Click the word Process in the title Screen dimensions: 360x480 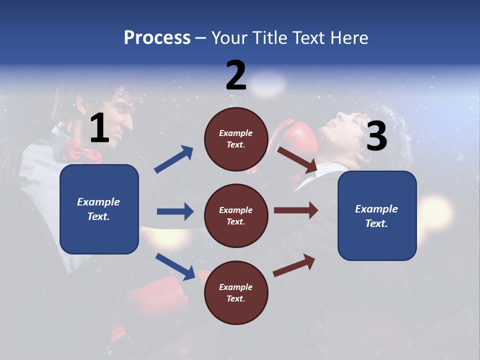157,38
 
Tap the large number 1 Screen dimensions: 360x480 99,128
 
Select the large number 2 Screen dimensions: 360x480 236,75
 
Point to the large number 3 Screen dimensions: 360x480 376,136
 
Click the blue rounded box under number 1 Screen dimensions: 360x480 99,209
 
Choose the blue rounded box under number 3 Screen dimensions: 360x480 377,215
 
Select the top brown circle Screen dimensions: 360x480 236,139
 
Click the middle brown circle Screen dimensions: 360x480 236,215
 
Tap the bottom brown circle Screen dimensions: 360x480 236,292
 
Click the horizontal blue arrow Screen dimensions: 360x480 175,211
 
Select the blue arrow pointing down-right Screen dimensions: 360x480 175,266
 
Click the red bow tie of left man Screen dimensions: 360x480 82,151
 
